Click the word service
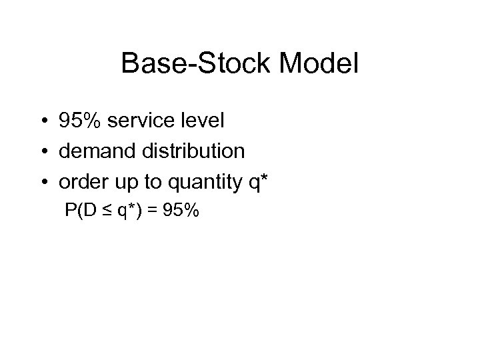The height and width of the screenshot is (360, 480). [135, 121]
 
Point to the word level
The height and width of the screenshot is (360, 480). [200, 121]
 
